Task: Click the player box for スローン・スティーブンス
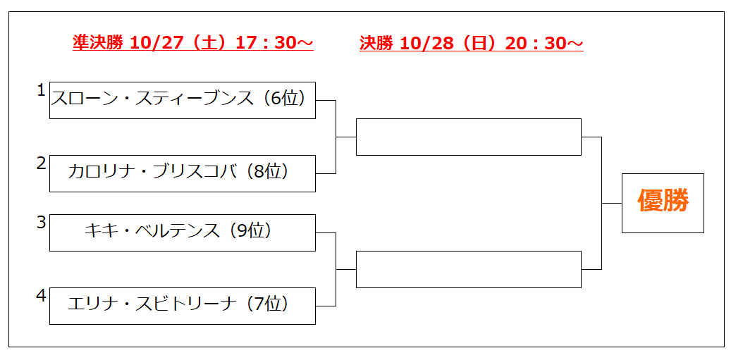coord(183,100)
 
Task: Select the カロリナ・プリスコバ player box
coord(183,173)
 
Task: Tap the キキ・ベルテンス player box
coord(183,232)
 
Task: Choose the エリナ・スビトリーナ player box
coord(183,306)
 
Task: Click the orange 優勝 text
coord(663,203)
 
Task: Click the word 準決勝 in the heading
coord(98,43)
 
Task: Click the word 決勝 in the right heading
coord(376,43)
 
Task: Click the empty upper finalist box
coord(469,137)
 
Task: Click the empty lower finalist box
coord(469,269)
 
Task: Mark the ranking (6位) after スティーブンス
coord(284,99)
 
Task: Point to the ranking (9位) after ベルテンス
coord(250,231)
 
